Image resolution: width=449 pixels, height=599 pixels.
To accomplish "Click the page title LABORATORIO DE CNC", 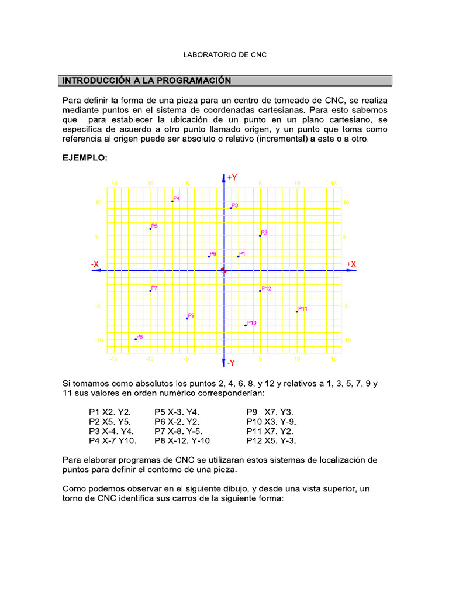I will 224,55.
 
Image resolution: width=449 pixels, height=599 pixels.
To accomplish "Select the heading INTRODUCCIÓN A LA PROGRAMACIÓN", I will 147,81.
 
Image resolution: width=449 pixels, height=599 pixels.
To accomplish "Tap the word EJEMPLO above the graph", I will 85,158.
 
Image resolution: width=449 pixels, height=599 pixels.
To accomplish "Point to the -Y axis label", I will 232,363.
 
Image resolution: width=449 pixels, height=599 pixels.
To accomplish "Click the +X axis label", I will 351,264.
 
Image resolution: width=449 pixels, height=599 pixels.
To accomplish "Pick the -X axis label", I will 95,264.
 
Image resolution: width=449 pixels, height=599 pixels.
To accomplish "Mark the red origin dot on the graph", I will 223,270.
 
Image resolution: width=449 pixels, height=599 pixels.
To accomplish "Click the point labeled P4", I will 172,201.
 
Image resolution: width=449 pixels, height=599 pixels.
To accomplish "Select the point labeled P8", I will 136,339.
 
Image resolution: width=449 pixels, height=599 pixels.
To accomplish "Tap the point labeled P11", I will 297,312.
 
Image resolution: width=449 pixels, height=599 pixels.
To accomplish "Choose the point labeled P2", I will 260,236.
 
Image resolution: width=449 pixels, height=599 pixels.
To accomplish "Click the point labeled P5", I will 150,229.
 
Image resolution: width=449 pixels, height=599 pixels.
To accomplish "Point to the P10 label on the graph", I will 252,322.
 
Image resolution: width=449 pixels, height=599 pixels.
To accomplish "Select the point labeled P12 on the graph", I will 260,291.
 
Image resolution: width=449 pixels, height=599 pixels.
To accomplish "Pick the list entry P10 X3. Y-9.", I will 271,421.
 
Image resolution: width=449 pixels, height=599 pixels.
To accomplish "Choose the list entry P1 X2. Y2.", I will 110,412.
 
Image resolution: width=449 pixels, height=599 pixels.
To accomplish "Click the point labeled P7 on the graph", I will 150,291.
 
